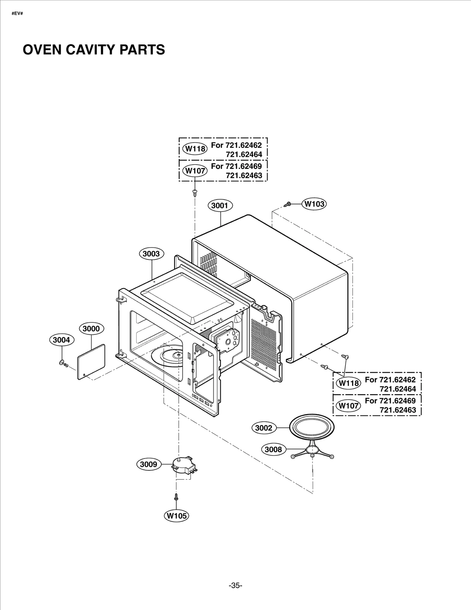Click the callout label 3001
[x=220, y=205]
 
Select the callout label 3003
[x=151, y=254]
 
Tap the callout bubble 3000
[x=91, y=329]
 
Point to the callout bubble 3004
[x=62, y=340]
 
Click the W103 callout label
[x=314, y=204]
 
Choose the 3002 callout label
[x=264, y=428]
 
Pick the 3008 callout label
[x=273, y=449]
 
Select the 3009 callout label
[x=149, y=464]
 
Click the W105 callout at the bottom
[x=176, y=516]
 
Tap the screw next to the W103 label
[x=288, y=204]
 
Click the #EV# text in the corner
[x=17, y=14]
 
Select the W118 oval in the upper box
[x=195, y=149]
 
